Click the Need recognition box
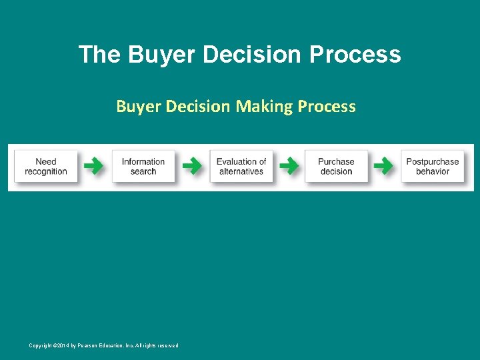click(46, 167)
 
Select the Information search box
click(143, 167)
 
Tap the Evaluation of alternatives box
click(241, 167)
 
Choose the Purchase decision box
click(336, 167)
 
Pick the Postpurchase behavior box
click(433, 167)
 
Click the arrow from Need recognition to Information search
click(94, 166)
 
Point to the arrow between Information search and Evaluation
click(192, 166)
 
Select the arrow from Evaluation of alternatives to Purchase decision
click(288, 166)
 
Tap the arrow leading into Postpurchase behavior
click(383, 166)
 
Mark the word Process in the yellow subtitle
click(327, 106)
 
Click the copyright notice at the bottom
click(103, 345)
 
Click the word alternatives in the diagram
click(241, 172)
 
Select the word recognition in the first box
click(46, 172)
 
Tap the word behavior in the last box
click(433, 172)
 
